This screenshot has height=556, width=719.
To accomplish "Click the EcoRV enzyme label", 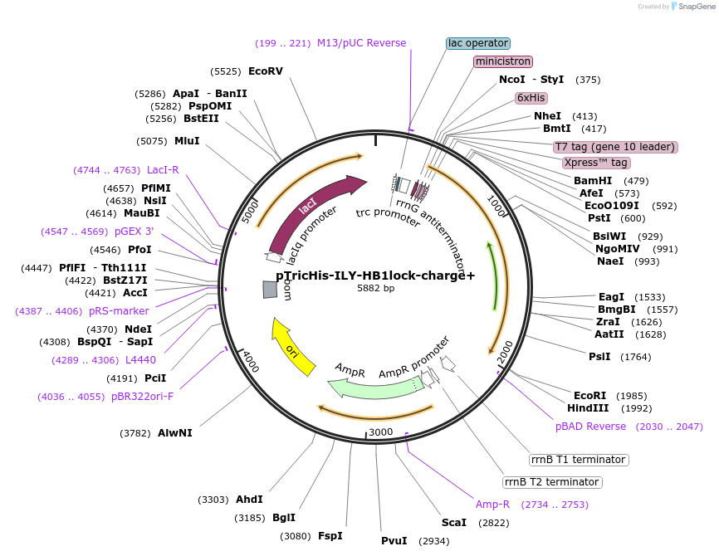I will (x=266, y=71).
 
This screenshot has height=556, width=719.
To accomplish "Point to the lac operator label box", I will (x=478, y=43).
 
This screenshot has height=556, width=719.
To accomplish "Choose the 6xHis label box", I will (x=531, y=97).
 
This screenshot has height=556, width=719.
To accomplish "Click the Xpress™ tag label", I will (x=595, y=163).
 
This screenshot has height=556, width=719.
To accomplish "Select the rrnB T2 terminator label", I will (x=552, y=482).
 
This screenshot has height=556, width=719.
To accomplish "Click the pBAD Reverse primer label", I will (x=591, y=427).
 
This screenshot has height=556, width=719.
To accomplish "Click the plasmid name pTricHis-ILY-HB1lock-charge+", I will (x=375, y=275).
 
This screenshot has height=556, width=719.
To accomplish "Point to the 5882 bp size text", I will (x=375, y=288).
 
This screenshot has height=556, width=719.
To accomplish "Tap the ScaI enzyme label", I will (x=454, y=523).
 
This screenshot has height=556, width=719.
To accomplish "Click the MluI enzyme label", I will (x=187, y=141).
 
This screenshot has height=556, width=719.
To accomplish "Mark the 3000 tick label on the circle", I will (x=380, y=432).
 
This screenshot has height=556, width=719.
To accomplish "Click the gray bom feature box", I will (x=270, y=289).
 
